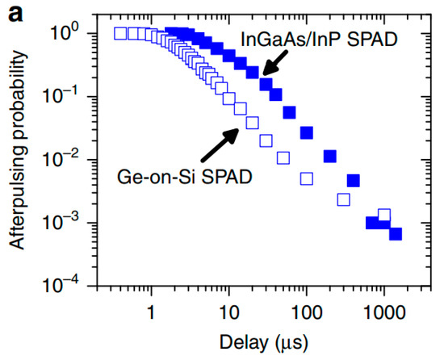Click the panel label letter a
(10, 11)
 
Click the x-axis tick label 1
(151, 311)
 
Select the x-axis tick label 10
(228, 311)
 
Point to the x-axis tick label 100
(307, 311)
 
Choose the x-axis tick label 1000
(384, 311)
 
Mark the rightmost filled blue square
(396, 234)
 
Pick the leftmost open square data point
(120, 33)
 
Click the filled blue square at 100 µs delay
(307, 132)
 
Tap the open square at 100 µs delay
(307, 178)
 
